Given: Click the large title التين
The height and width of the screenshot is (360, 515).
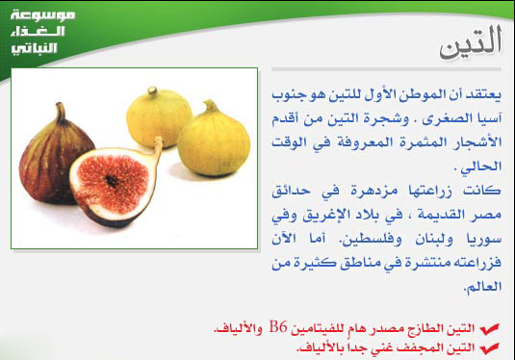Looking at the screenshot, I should click(471, 44).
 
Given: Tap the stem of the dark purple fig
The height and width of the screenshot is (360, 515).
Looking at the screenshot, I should click(60, 113).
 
